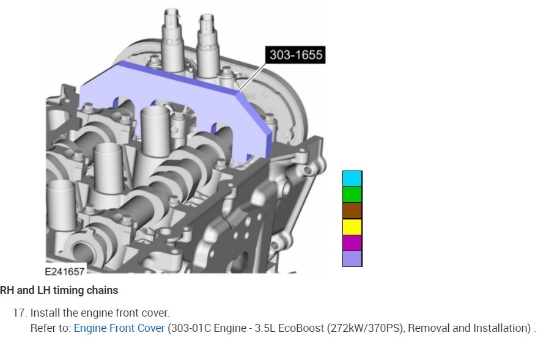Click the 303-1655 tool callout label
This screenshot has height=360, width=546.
pyautogui.click(x=295, y=54)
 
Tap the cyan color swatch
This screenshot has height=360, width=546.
pyautogui.click(x=352, y=179)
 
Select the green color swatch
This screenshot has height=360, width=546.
pyautogui.click(x=352, y=195)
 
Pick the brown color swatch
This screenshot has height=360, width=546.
pyautogui.click(x=352, y=211)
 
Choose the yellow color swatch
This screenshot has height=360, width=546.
pyautogui.click(x=352, y=227)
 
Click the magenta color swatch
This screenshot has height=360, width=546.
pyautogui.click(x=352, y=243)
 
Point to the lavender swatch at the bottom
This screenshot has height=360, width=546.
pyautogui.click(x=352, y=259)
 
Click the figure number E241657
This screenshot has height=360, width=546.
pyautogui.click(x=65, y=271)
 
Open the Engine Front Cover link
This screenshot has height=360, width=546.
pyautogui.click(x=119, y=328)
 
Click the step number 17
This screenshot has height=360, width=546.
pyautogui.click(x=20, y=313)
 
